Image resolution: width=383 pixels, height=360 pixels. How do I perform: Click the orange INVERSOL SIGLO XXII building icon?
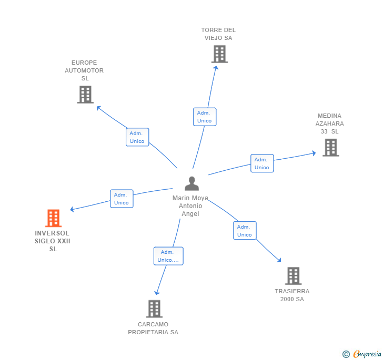(53, 218)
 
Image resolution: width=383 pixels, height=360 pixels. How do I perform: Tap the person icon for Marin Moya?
(191, 184)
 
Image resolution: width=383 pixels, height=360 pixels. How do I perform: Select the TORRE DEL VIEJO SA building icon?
(219, 54)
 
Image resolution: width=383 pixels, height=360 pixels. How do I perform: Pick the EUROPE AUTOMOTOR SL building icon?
(85, 95)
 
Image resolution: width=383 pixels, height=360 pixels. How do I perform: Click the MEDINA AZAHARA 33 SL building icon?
(330, 148)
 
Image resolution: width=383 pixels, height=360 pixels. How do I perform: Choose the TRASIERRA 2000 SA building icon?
(293, 276)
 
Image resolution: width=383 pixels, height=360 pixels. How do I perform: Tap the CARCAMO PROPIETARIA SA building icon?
(154, 309)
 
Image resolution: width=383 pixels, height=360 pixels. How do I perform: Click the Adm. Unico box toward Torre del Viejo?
(205, 117)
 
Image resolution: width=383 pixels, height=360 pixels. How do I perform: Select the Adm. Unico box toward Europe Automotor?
(137, 137)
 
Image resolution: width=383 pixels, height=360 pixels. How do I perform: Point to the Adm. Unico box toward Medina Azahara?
(262, 163)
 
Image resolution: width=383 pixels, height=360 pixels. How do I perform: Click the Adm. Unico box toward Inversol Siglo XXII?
(122, 199)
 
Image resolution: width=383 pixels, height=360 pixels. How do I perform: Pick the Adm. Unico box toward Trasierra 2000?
(245, 231)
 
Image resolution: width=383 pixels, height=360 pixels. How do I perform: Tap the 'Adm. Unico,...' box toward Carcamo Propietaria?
(168, 256)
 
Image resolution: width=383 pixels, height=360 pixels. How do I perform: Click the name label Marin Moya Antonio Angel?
(190, 206)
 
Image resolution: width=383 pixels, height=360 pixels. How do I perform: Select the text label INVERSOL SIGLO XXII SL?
(53, 241)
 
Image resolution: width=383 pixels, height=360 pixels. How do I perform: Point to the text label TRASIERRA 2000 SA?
(292, 295)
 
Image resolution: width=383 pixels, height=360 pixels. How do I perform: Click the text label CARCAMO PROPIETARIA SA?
(153, 328)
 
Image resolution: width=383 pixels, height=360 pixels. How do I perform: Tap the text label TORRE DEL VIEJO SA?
(218, 34)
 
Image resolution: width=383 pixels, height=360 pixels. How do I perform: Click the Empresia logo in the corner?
(362, 354)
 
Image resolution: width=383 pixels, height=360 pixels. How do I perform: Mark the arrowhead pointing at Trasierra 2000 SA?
(279, 260)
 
